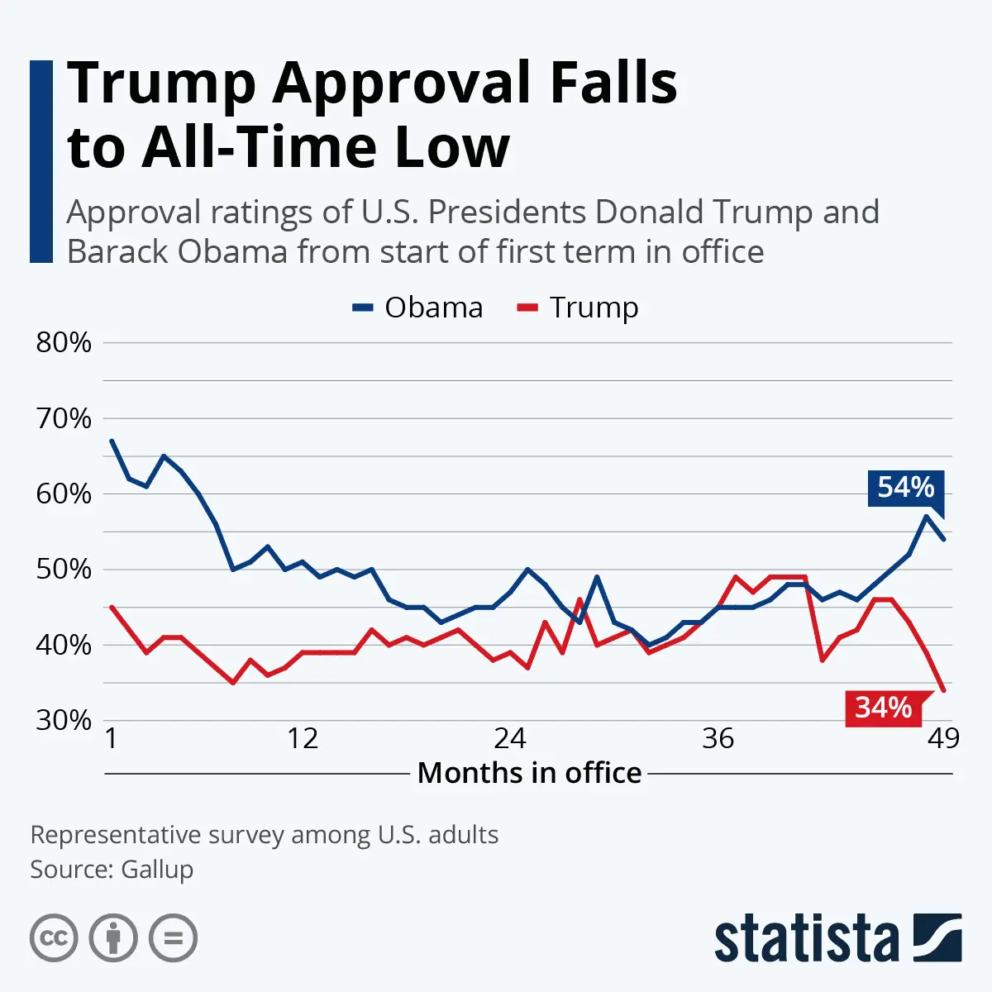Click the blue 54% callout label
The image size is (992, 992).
[905, 488]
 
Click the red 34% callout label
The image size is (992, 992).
[883, 708]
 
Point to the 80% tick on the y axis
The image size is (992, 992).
[64, 342]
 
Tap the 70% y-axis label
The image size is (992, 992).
[64, 418]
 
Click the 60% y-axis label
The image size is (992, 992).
[64, 494]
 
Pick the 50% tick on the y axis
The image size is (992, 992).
[64, 570]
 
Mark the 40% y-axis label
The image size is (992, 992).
[64, 645]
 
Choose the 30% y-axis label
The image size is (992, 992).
[64, 720]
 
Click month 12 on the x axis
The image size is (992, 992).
[303, 738]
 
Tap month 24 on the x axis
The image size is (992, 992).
[510, 738]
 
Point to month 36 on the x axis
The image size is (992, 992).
[718, 738]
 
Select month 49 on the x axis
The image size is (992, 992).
[943, 738]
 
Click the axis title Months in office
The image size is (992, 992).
[529, 773]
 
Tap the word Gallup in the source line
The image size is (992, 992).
[157, 870]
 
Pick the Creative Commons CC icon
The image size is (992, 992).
[54, 938]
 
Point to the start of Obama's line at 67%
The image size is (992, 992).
[112, 441]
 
